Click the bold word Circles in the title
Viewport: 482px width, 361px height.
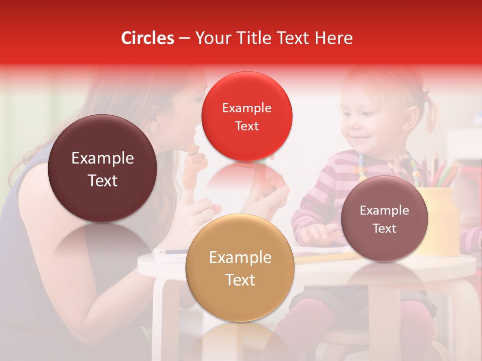pos(148,38)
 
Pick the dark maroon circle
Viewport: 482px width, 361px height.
pos(102,168)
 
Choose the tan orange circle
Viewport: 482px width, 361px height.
pos(239,268)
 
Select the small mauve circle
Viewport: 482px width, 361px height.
pos(384,219)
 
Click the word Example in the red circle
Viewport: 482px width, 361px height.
pos(247,108)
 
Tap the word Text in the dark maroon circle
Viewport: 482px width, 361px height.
pos(102,180)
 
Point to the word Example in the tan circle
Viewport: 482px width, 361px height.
pos(240,258)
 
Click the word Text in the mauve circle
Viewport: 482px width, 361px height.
pos(385,229)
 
